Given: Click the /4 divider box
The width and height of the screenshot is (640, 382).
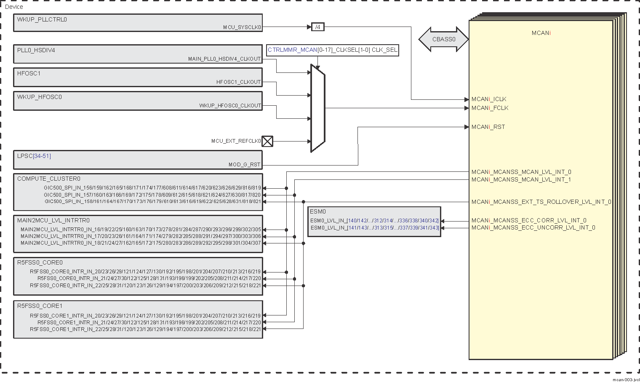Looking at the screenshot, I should [318, 27].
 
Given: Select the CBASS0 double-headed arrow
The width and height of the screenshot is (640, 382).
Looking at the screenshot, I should [443, 40].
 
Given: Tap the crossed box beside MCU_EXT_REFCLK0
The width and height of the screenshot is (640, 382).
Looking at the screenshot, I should [267, 142].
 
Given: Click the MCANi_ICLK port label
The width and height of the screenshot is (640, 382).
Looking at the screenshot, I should [489, 99].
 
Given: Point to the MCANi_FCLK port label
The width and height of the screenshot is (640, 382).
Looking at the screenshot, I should [490, 108].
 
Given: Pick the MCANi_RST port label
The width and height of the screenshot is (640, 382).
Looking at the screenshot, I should [488, 127].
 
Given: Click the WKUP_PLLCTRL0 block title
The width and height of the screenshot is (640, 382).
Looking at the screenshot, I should [42, 20].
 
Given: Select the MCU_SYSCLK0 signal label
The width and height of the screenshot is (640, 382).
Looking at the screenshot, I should [242, 27].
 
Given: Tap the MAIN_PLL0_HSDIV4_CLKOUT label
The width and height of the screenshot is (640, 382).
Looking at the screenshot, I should [224, 59].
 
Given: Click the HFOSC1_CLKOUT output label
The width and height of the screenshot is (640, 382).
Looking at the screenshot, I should [239, 82].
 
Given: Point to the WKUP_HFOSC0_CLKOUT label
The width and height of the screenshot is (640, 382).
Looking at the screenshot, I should [230, 106].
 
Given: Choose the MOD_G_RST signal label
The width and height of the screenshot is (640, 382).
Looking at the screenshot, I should [244, 165].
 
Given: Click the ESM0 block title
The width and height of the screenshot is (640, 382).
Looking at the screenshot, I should [318, 212].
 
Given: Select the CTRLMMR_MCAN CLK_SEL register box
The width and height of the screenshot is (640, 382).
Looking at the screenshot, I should [333, 50].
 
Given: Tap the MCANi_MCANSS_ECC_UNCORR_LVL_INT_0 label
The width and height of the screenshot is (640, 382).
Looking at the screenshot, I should [533, 228].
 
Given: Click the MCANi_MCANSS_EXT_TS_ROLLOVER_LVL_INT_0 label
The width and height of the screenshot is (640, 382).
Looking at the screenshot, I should [541, 202].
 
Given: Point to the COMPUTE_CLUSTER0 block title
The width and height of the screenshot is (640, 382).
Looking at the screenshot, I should [49, 179].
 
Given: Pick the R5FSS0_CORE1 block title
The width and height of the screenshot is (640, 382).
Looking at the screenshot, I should [40, 306].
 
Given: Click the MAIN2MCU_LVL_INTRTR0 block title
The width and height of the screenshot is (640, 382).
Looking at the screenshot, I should [53, 221].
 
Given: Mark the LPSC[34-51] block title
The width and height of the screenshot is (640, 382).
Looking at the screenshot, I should [34, 156].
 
